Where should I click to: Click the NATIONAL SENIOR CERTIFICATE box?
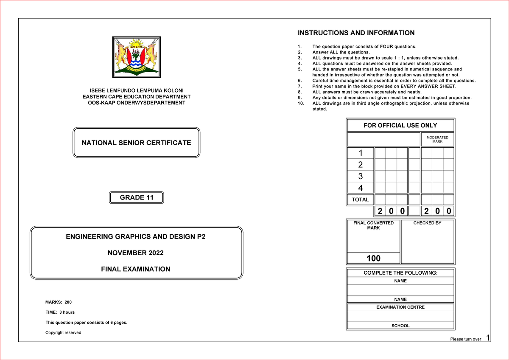(x=136, y=143)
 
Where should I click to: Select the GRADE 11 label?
(x=136, y=197)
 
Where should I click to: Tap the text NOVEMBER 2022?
(x=135, y=253)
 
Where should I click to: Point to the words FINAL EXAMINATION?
(x=135, y=269)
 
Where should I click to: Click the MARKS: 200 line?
(x=59, y=302)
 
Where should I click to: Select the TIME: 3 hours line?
(x=60, y=312)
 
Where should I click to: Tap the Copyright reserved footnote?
(x=63, y=332)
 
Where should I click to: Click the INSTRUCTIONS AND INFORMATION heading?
(x=356, y=33)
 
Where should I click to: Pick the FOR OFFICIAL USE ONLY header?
(x=400, y=125)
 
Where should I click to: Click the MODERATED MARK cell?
(x=437, y=139)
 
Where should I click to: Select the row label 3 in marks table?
(x=360, y=176)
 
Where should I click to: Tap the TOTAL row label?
(x=360, y=200)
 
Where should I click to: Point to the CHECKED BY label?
(x=427, y=223)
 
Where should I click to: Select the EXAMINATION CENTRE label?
(x=400, y=307)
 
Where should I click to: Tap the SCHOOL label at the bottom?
(x=400, y=326)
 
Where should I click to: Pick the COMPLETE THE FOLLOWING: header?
(x=400, y=273)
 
